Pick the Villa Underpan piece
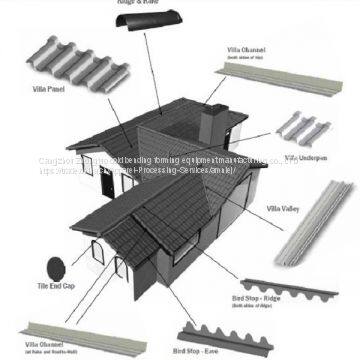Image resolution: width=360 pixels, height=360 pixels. (306, 129)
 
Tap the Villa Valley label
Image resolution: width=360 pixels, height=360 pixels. (284, 210)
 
